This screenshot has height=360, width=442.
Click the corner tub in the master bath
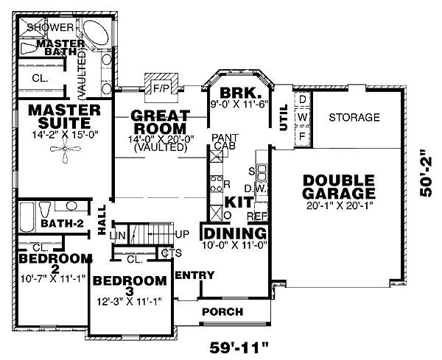coord(94,34)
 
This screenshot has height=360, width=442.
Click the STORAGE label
coord(354,118)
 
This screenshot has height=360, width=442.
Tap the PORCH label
coord(222,311)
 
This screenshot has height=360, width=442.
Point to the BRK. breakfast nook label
coord(236,94)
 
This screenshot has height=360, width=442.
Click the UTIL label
coord(284,117)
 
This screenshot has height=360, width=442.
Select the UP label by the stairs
coord(184,233)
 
